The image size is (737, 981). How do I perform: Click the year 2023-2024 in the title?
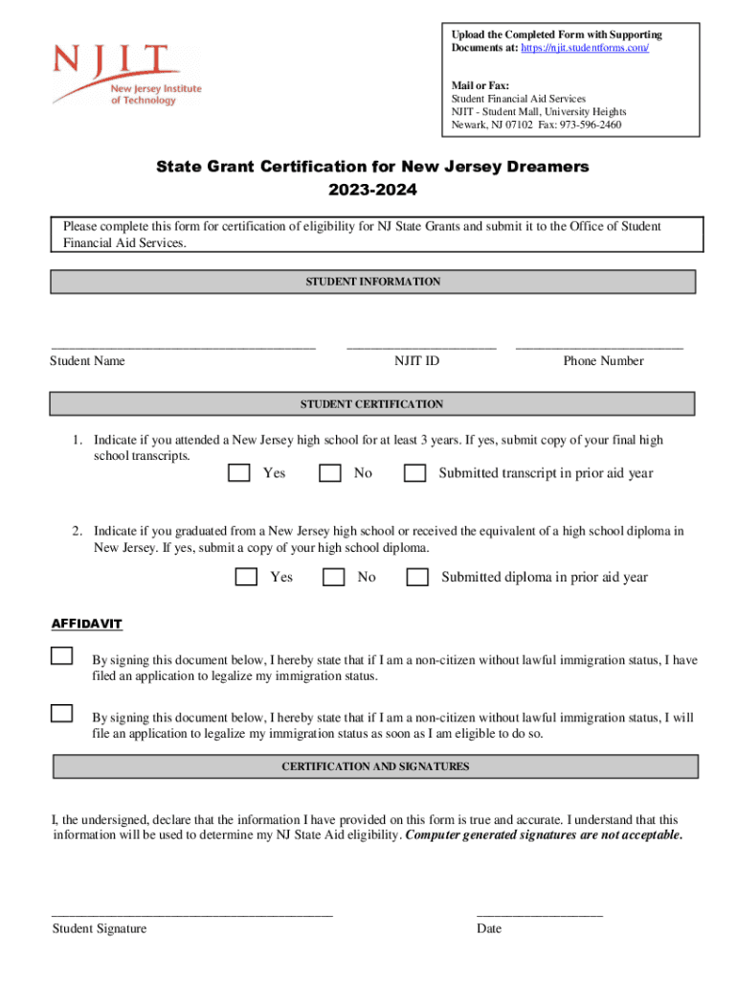[372, 191]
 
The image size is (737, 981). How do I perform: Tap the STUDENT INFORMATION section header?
[372, 282]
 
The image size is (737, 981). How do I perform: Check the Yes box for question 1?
[239, 472]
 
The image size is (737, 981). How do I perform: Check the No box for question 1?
[330, 472]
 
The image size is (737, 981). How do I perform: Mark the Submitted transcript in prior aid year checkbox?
[415, 472]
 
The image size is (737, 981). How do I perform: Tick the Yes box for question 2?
[247, 577]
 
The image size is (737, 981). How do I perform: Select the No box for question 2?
[334, 577]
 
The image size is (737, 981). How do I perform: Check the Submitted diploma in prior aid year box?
[417, 577]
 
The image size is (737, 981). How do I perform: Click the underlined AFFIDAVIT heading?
[86, 625]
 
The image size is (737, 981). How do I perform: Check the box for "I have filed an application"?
[62, 656]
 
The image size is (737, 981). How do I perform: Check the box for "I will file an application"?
[62, 713]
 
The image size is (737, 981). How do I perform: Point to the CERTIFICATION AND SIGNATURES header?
[375, 766]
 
